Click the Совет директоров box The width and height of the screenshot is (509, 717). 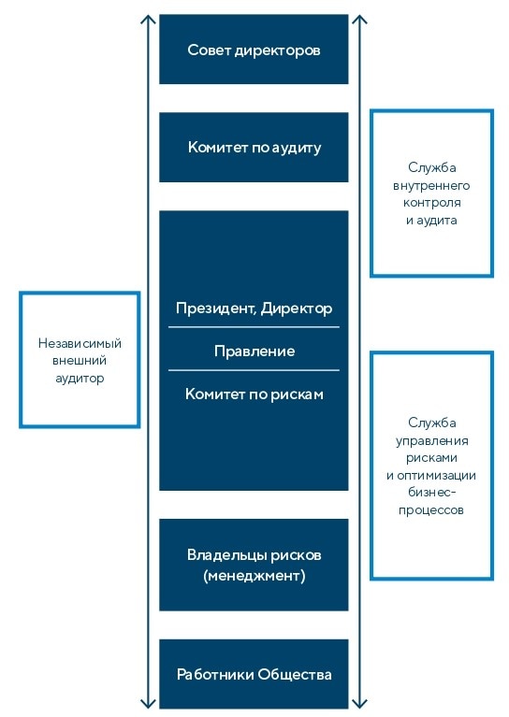point(254,50)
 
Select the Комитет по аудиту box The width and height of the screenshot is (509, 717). point(254,148)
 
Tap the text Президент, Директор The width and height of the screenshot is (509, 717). point(254,308)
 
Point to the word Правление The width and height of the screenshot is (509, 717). point(254,351)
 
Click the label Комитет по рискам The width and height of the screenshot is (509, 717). point(254,394)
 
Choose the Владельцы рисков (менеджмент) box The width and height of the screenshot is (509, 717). point(254,565)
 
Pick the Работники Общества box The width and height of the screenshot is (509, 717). point(254,674)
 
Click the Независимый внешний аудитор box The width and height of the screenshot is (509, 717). point(80,360)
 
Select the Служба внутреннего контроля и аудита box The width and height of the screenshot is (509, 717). point(431,194)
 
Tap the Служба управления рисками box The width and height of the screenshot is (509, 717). point(431,466)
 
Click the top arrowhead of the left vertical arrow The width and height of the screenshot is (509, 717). point(147,19)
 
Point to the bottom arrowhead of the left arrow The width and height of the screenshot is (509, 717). point(147,703)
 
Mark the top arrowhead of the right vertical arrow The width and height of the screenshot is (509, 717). point(360,19)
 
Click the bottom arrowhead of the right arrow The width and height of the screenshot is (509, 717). point(360,703)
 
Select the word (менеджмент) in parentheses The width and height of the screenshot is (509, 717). point(254,576)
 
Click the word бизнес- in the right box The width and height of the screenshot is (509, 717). point(431,493)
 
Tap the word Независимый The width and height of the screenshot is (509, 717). point(80,343)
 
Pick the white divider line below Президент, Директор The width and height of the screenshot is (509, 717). point(254,327)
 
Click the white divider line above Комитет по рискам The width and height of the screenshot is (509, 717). point(254,371)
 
